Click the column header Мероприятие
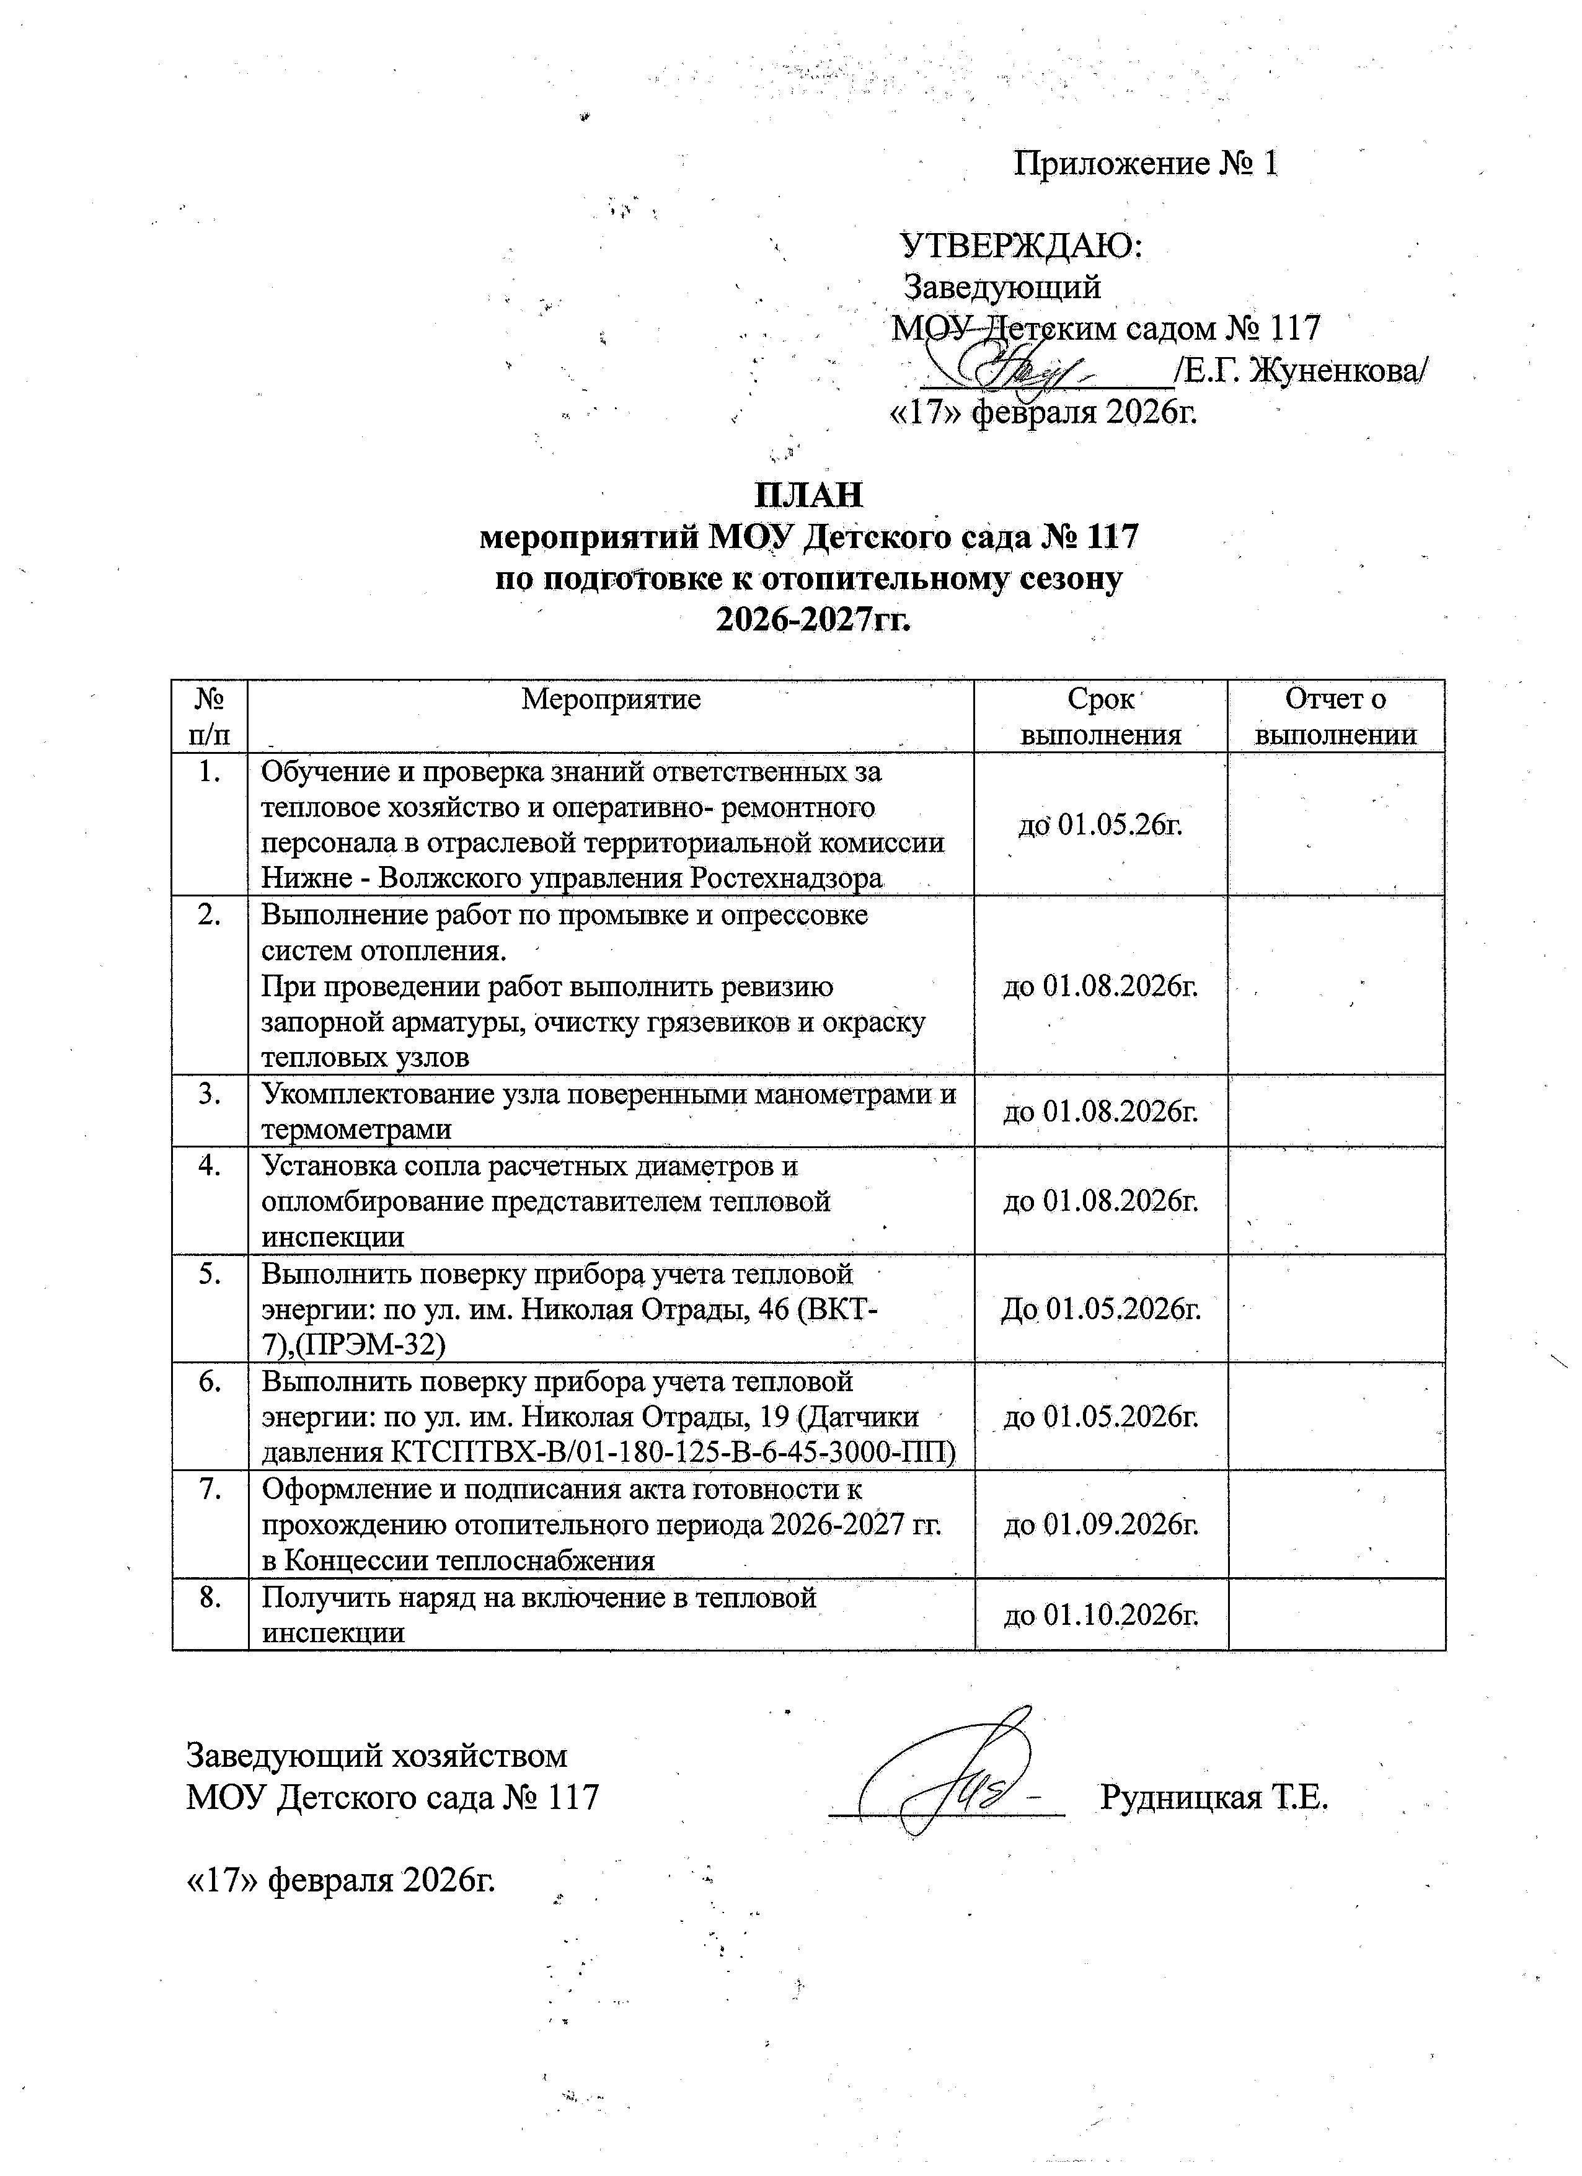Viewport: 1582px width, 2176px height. (611, 699)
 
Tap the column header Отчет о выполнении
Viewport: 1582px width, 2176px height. (1335, 717)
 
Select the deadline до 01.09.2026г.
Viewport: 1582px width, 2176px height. (1102, 1524)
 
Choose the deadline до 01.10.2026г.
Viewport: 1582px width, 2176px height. (1102, 1615)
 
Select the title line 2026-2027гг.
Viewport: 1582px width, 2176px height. (813, 621)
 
